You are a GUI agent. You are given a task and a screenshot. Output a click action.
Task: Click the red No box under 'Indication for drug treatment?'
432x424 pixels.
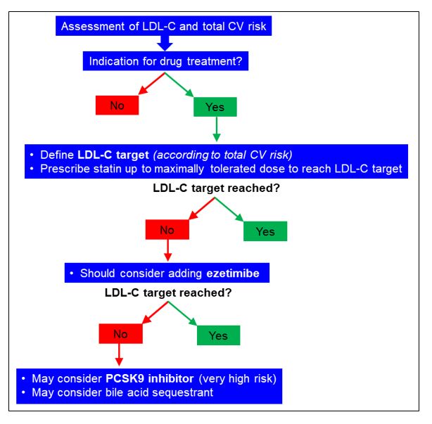(117, 105)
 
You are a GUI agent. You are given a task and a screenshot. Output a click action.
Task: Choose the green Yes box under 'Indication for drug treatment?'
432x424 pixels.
(215, 106)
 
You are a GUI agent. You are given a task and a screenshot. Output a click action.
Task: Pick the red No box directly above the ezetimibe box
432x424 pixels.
(166, 230)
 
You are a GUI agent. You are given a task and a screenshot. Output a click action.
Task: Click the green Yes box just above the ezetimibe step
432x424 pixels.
(265, 231)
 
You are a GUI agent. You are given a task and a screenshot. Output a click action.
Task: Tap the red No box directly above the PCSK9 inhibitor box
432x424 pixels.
(120, 334)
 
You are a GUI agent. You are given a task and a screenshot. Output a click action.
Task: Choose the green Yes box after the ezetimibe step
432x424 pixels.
(218, 335)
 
